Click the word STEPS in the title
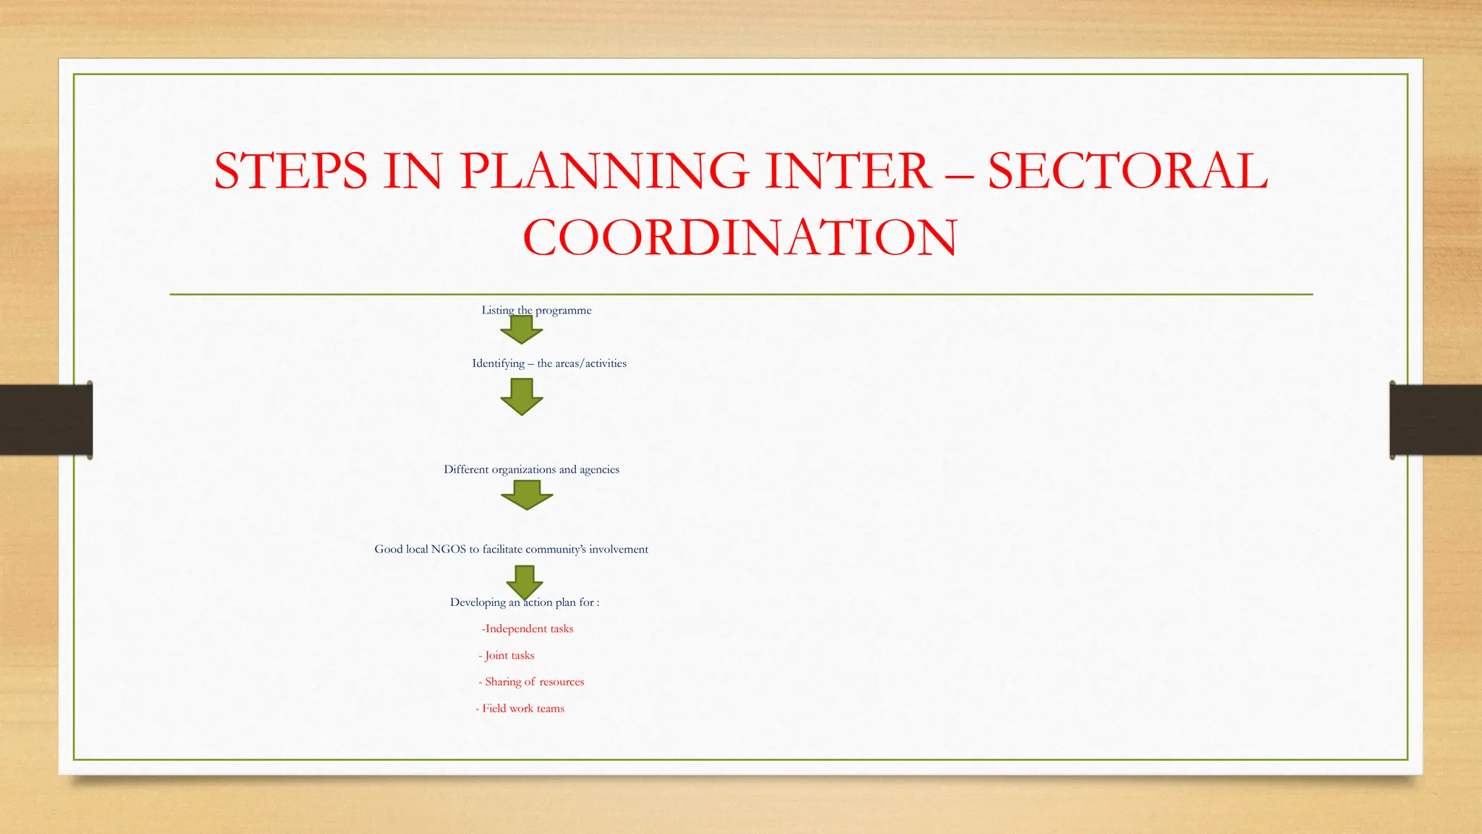(x=290, y=171)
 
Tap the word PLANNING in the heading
(x=604, y=171)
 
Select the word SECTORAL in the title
(x=1127, y=171)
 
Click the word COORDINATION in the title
(x=740, y=237)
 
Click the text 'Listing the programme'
(x=536, y=310)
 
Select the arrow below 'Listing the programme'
(x=521, y=331)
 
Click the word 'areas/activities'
(x=590, y=363)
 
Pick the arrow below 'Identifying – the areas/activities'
(x=521, y=397)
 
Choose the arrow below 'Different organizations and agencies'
(x=527, y=495)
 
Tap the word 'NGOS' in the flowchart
(x=449, y=549)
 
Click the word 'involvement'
(x=618, y=549)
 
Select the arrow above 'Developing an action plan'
(x=525, y=581)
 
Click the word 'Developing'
(x=477, y=602)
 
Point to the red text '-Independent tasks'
(x=528, y=628)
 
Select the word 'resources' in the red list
(x=562, y=682)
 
